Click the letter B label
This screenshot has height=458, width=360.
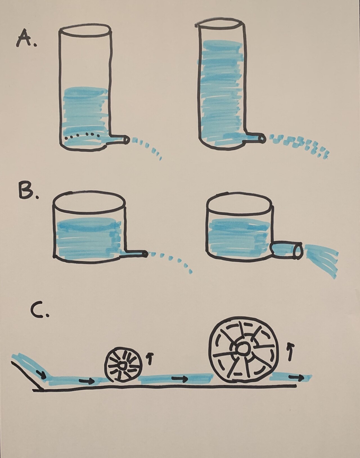coord(28,192)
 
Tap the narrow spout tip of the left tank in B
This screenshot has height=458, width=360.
coord(145,254)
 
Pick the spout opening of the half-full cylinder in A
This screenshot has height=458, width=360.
coord(126,140)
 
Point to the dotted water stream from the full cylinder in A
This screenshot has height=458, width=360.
coord(301,143)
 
